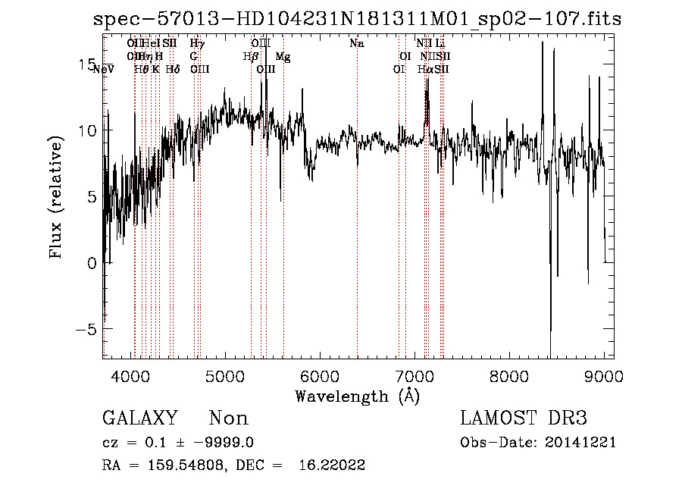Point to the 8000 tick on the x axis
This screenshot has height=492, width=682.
[x=509, y=376]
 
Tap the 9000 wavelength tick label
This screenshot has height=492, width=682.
[x=604, y=376]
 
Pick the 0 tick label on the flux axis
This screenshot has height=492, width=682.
[x=91, y=264]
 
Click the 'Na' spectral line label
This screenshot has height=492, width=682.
[x=357, y=44]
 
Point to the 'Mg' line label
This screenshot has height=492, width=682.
[x=283, y=57]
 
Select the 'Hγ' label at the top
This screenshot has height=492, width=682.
[x=197, y=44]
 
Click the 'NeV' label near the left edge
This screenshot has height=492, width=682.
[x=102, y=70]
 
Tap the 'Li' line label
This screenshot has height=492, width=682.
[x=440, y=44]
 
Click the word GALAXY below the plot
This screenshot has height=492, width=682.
[x=139, y=418]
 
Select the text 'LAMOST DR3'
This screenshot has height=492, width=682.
[x=524, y=418]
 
